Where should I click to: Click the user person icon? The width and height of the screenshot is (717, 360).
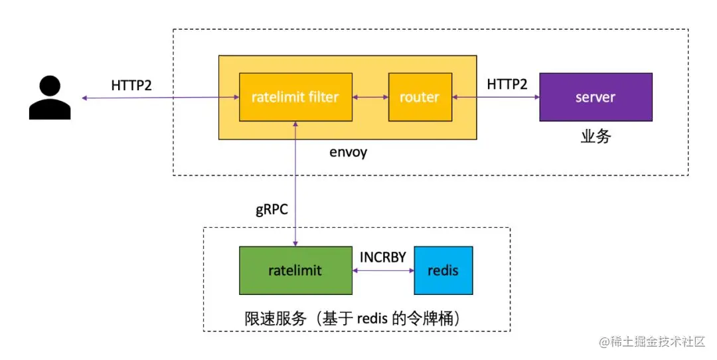tap(50, 98)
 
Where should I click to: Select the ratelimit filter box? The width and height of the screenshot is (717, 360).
tap(295, 98)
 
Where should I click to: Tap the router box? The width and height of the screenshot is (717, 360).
tap(419, 98)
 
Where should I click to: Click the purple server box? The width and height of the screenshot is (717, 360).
tap(595, 97)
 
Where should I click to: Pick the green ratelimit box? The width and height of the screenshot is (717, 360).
tap(295, 270)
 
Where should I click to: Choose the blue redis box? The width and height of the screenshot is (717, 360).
tap(443, 270)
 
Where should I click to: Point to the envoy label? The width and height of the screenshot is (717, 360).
tap(348, 152)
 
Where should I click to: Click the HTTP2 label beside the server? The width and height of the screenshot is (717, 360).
tap(507, 84)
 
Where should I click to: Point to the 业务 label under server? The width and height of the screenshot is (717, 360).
tap(595, 137)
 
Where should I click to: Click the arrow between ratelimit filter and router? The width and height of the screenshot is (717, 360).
tap(370, 98)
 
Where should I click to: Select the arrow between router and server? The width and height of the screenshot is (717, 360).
tap(495, 98)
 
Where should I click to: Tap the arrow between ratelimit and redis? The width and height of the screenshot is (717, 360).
tap(383, 271)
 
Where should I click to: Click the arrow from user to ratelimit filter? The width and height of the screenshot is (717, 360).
tap(159, 98)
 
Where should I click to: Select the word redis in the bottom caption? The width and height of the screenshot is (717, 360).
tap(372, 319)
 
